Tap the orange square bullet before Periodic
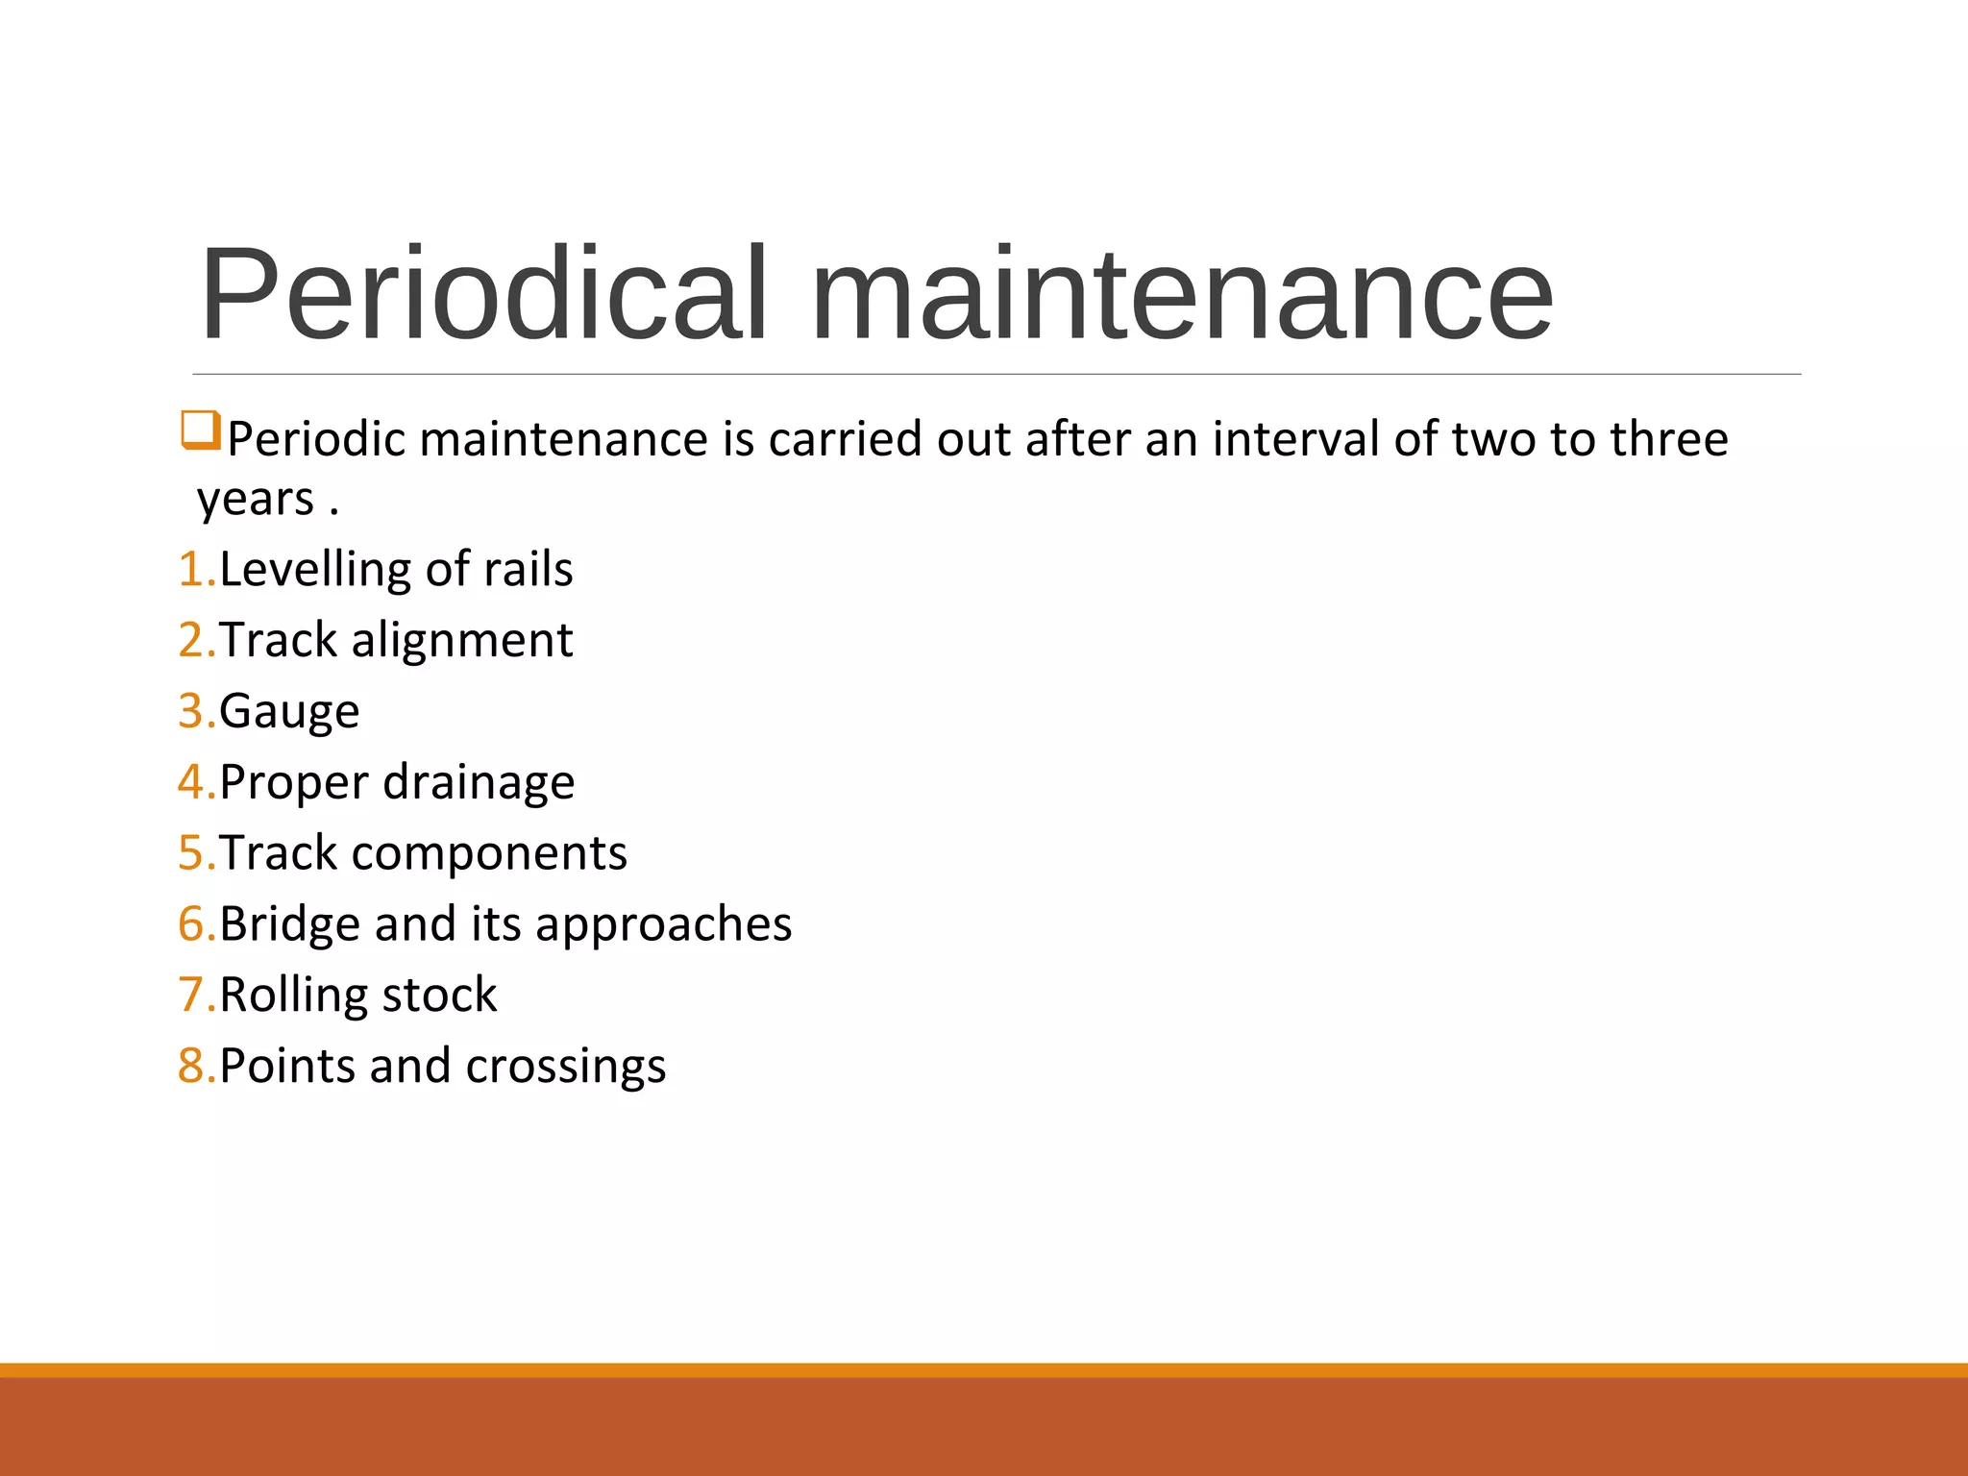[x=201, y=430]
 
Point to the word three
[x=1669, y=439]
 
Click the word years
[x=256, y=500]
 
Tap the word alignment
[x=462, y=640]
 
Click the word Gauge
[x=289, y=712]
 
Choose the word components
[x=489, y=853]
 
